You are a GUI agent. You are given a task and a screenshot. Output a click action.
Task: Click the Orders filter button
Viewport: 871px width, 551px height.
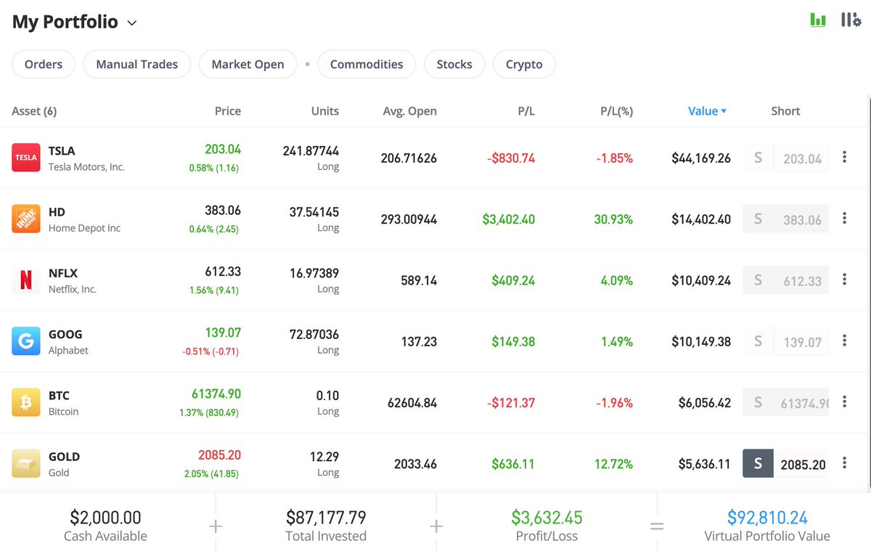click(x=44, y=64)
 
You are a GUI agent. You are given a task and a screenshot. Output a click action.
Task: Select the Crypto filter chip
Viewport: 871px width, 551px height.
click(x=524, y=64)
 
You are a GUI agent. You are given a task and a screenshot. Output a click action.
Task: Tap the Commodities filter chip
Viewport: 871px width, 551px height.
click(x=367, y=64)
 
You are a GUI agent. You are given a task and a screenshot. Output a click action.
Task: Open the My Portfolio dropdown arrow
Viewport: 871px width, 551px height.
click(x=132, y=23)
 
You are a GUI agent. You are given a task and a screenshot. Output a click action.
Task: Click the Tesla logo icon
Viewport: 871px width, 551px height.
click(x=26, y=158)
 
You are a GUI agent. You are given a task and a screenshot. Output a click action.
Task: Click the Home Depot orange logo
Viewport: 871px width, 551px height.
click(x=26, y=219)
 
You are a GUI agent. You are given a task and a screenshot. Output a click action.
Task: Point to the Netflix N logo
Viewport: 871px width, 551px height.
click(x=26, y=280)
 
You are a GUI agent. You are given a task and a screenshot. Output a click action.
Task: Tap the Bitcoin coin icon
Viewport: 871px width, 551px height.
click(x=26, y=402)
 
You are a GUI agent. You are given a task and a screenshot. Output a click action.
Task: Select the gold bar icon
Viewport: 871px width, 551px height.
click(x=26, y=463)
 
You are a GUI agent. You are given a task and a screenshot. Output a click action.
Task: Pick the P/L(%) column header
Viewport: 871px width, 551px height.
click(x=616, y=111)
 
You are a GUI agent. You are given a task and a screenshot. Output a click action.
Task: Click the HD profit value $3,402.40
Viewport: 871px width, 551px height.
click(x=508, y=219)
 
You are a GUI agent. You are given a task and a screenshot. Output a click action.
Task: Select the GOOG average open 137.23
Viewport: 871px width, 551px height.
click(x=419, y=341)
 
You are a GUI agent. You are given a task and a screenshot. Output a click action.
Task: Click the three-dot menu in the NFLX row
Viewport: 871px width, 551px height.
click(x=844, y=279)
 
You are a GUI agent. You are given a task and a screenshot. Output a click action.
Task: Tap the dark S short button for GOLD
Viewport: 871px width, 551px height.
click(x=758, y=464)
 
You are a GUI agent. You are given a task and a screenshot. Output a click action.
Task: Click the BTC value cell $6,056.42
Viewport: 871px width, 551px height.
click(x=701, y=403)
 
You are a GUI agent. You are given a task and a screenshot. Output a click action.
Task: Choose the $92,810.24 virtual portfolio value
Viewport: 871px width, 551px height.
click(x=767, y=518)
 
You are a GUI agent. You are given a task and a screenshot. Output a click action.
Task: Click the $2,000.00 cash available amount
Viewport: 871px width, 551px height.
click(x=105, y=518)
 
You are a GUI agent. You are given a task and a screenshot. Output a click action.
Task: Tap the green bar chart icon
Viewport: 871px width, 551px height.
click(x=818, y=20)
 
